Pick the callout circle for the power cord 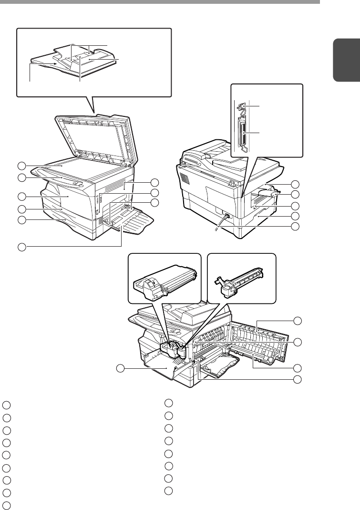coord(297,225)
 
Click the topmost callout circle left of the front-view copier coord(21,166)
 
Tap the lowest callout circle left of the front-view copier coord(21,247)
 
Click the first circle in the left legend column coord(6,405)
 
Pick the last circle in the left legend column coord(6,504)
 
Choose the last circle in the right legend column coord(168,491)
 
